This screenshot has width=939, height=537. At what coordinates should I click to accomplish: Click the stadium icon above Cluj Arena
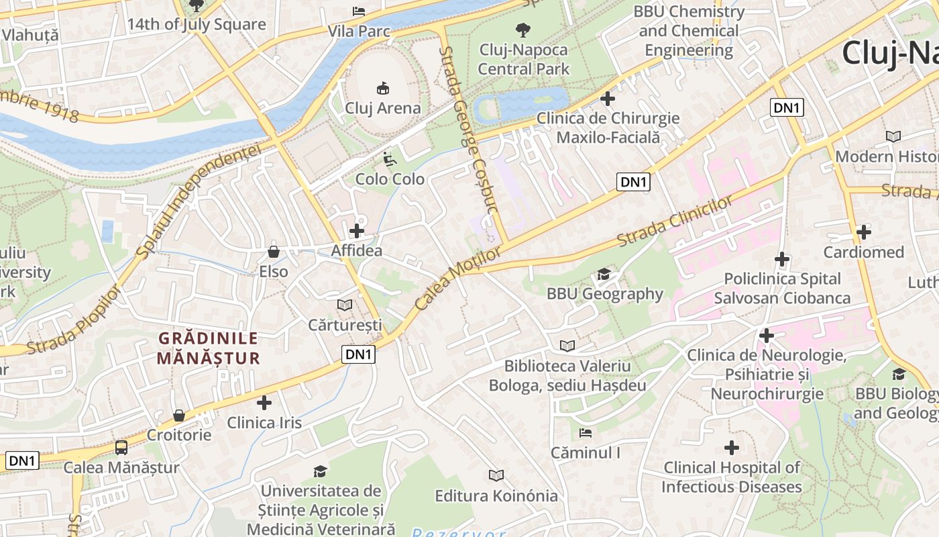tap(383, 88)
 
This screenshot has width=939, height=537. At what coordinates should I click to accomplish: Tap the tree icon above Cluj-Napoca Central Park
tap(522, 30)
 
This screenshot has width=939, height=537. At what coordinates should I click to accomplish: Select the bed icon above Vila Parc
tap(359, 11)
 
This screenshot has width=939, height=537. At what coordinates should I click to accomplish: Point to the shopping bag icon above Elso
tap(274, 252)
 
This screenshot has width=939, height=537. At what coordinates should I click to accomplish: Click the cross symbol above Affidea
tap(357, 231)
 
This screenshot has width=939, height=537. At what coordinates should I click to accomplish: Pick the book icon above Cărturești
tap(345, 305)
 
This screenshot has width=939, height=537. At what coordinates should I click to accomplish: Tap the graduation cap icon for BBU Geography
tap(604, 274)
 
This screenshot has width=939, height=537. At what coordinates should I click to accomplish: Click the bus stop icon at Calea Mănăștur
tap(121, 447)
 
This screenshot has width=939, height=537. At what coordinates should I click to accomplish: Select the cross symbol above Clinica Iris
tap(264, 403)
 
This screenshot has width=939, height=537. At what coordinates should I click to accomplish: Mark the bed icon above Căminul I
tap(586, 433)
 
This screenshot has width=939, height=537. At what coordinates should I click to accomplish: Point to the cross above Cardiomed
tap(864, 232)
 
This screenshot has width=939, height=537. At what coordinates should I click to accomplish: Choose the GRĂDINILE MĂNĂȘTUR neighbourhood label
tap(208, 348)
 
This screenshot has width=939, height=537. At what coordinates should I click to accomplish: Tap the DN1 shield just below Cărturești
tap(358, 354)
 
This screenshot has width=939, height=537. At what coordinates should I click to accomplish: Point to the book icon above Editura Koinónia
tap(496, 475)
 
